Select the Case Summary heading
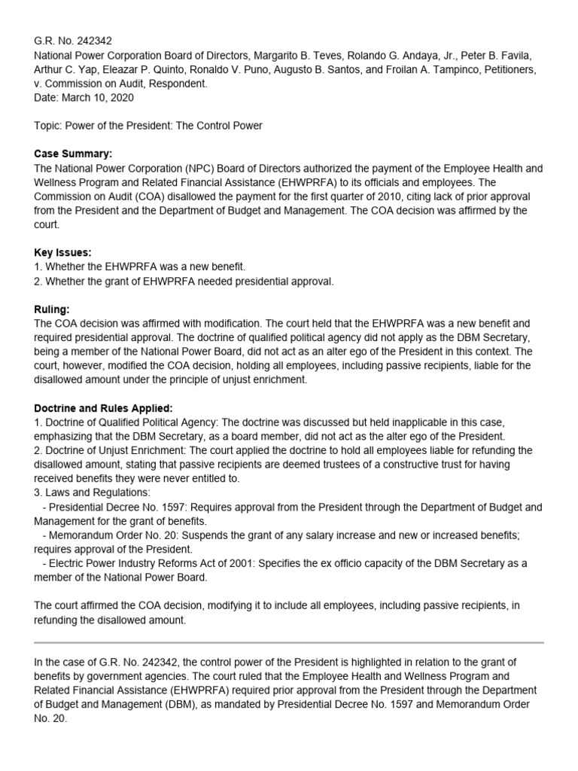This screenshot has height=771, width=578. [73, 154]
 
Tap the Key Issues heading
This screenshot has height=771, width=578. [63, 252]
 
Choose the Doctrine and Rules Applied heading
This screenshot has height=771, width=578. [103, 407]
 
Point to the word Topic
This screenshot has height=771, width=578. [50, 126]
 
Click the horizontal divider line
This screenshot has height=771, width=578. [289, 642]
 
